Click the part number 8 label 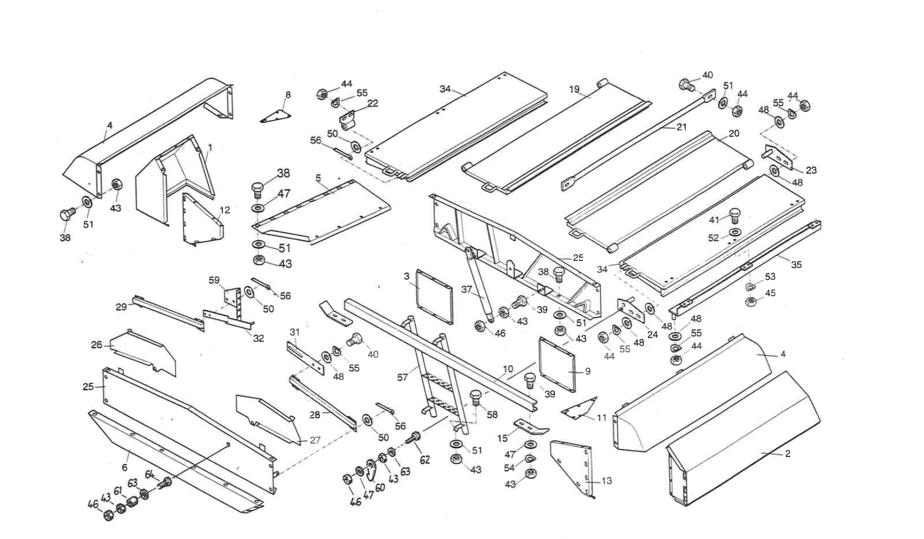coord(288,94)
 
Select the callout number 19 coord(574,89)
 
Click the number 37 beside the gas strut coord(467,289)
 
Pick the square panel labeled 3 coord(435,296)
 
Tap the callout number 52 coord(713,238)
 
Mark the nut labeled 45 coord(752,302)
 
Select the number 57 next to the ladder coord(402,377)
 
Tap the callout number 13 coord(607,480)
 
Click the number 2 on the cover coord(788,454)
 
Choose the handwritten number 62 coord(425,460)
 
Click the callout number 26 coord(96,345)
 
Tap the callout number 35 coord(796,264)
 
